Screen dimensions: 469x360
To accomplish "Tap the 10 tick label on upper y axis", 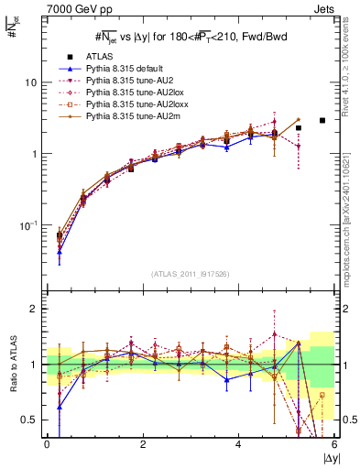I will [30, 82].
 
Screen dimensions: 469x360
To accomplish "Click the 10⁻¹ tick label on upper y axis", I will [28, 225].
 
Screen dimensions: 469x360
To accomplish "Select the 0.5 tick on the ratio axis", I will [29, 420].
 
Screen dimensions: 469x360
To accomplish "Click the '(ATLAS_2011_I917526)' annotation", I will [191, 274].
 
